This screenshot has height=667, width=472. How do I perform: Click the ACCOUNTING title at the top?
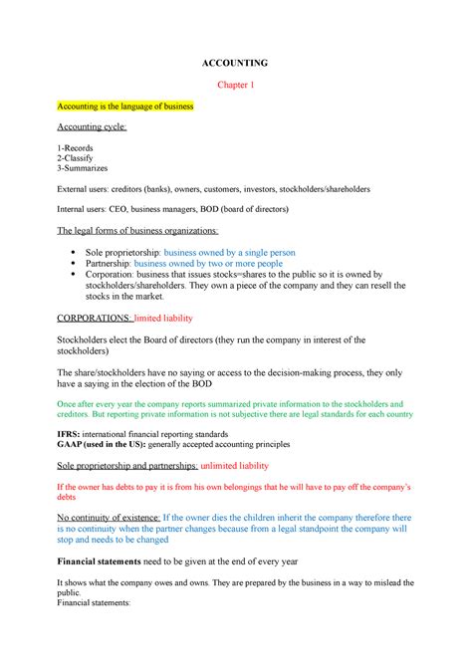coord(236,63)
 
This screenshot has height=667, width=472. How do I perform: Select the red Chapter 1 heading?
coord(236,85)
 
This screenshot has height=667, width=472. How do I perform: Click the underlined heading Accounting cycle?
coord(92,126)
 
